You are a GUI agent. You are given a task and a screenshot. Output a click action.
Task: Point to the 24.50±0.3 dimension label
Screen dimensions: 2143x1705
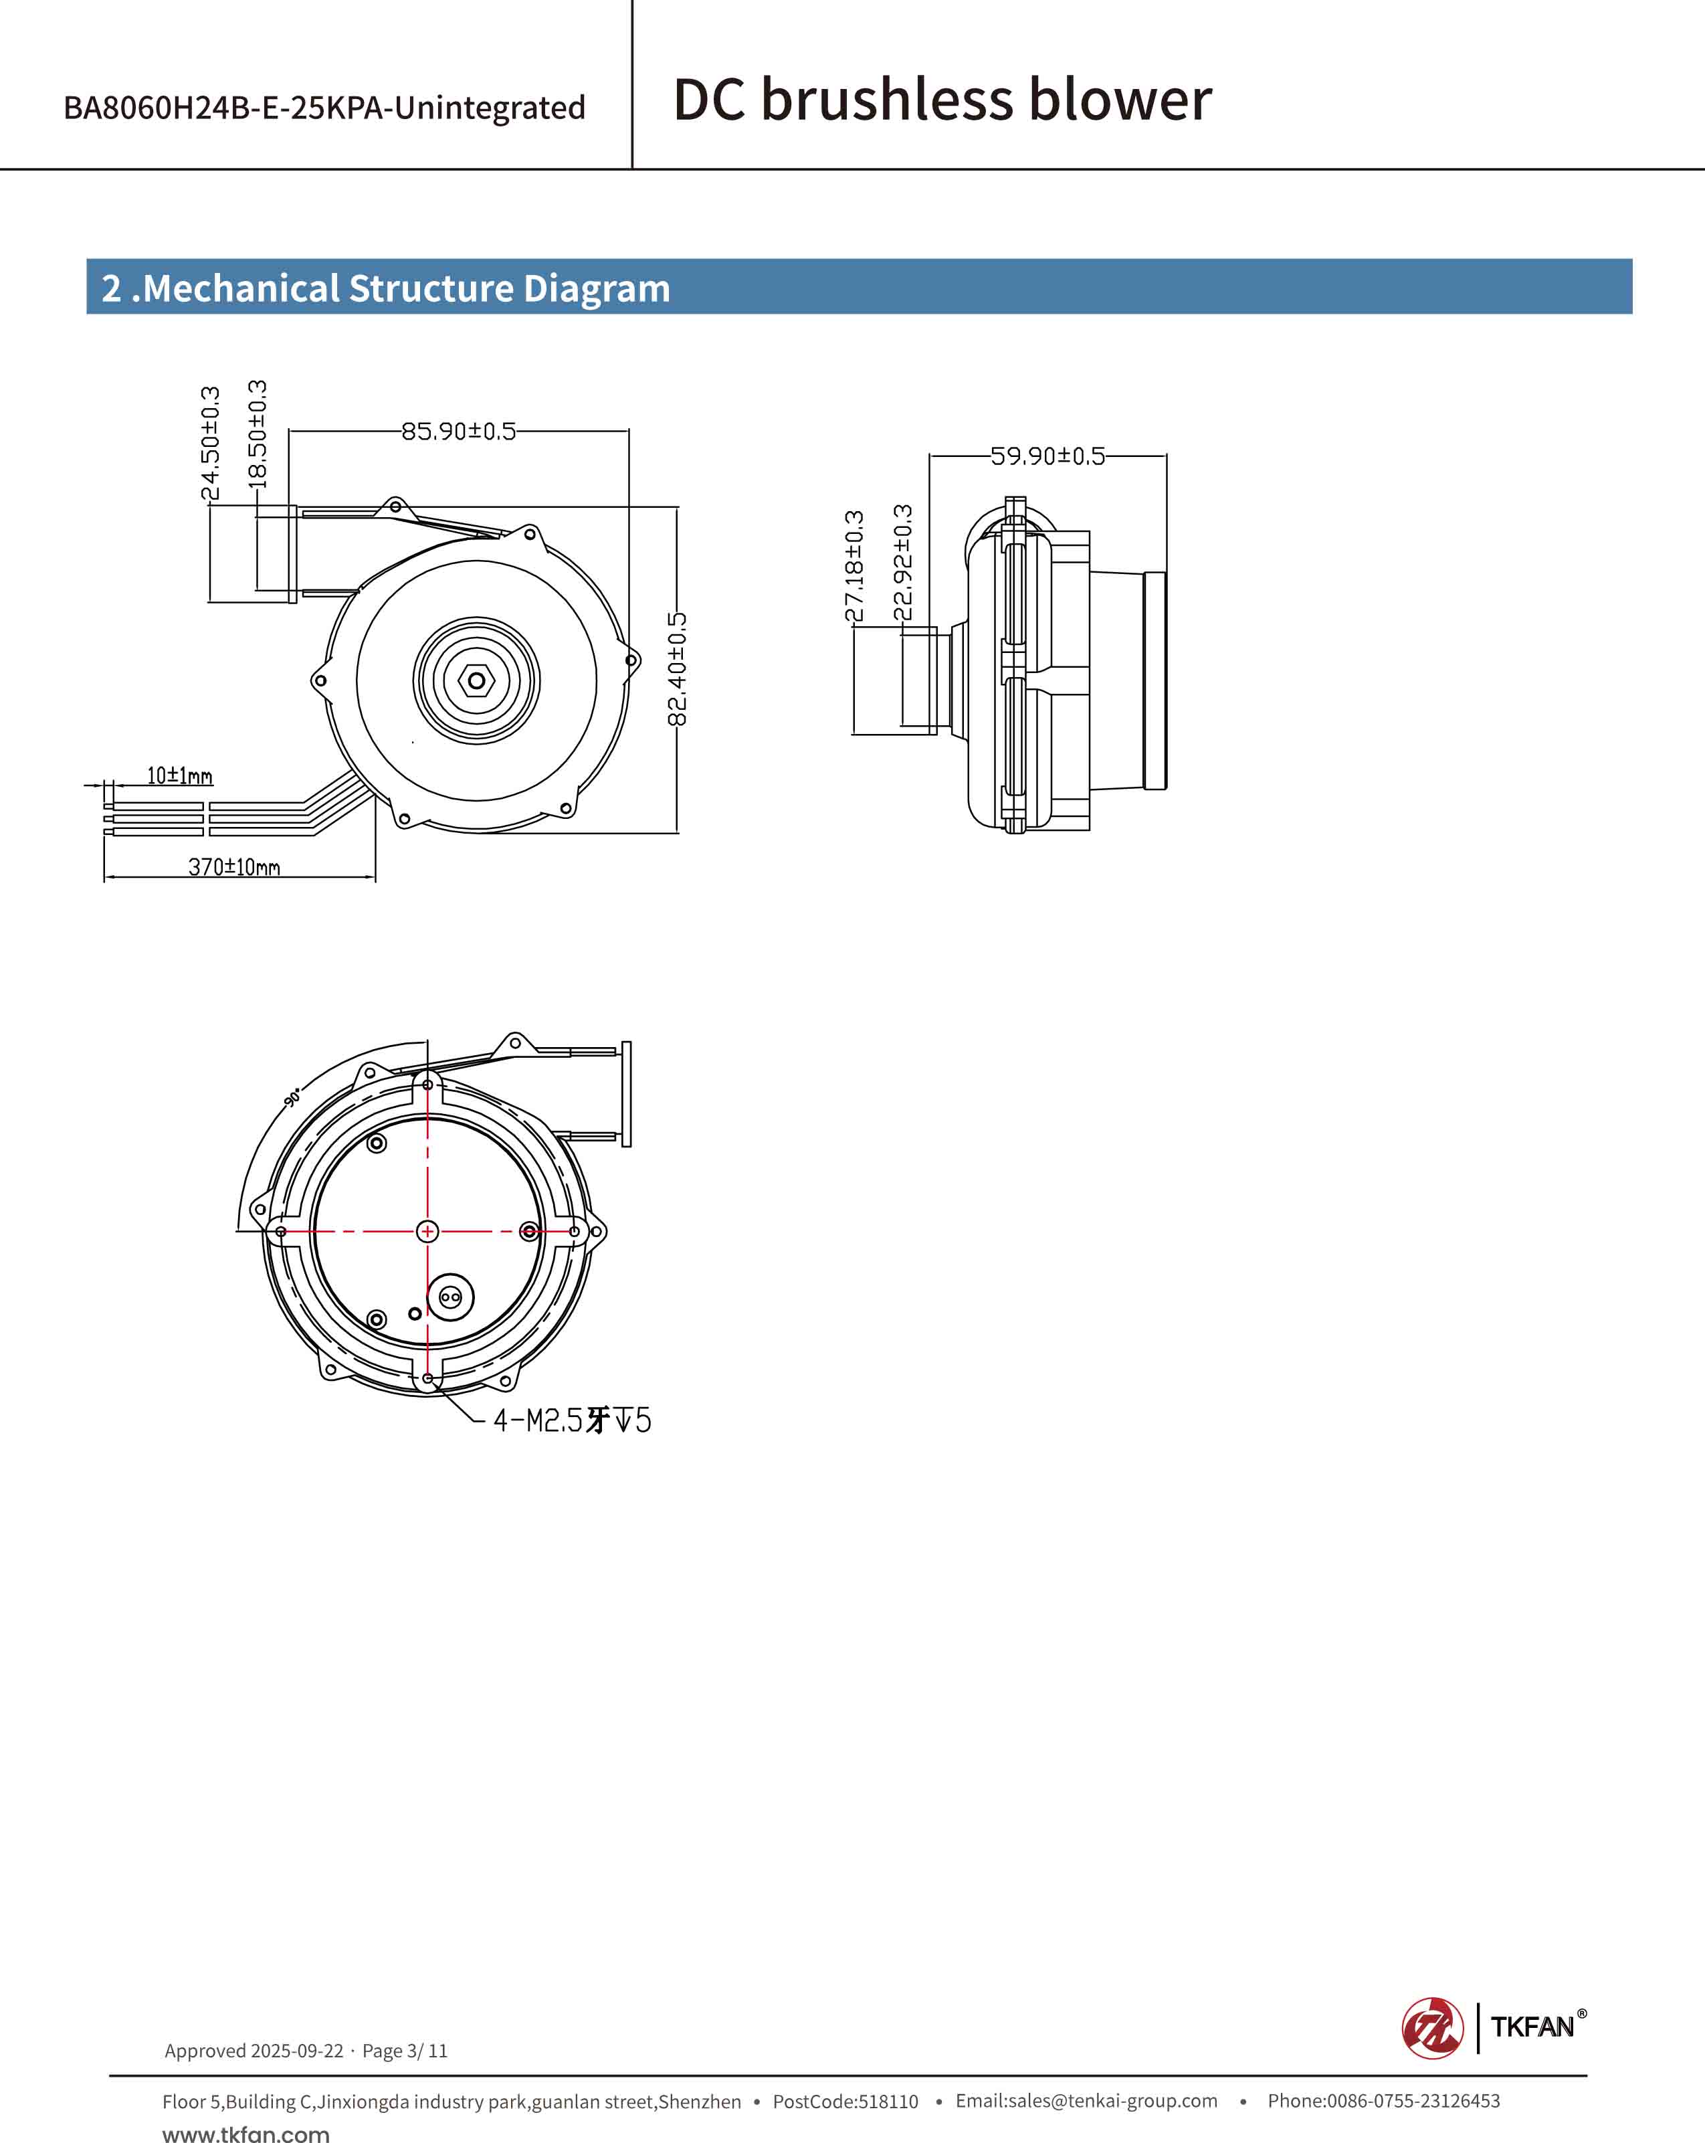pos(209,444)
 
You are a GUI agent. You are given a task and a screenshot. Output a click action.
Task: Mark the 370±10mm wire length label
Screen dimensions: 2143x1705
pos(235,866)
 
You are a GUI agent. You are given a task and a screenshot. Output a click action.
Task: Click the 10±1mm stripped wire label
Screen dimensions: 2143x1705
pos(180,775)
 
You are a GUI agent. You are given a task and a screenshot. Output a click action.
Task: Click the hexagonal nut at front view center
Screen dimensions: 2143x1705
pos(477,681)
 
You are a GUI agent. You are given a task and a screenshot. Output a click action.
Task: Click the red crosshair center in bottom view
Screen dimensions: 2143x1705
pos(427,1232)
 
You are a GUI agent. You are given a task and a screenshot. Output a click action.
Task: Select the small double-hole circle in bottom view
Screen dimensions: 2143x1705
pos(450,1297)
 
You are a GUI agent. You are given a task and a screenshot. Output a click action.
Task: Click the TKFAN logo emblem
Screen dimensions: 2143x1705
pos(1432,2028)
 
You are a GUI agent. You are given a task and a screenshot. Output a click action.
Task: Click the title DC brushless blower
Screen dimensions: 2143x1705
pos(942,100)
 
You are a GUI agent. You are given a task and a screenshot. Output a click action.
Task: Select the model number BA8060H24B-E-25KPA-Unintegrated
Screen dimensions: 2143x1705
pos(324,107)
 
